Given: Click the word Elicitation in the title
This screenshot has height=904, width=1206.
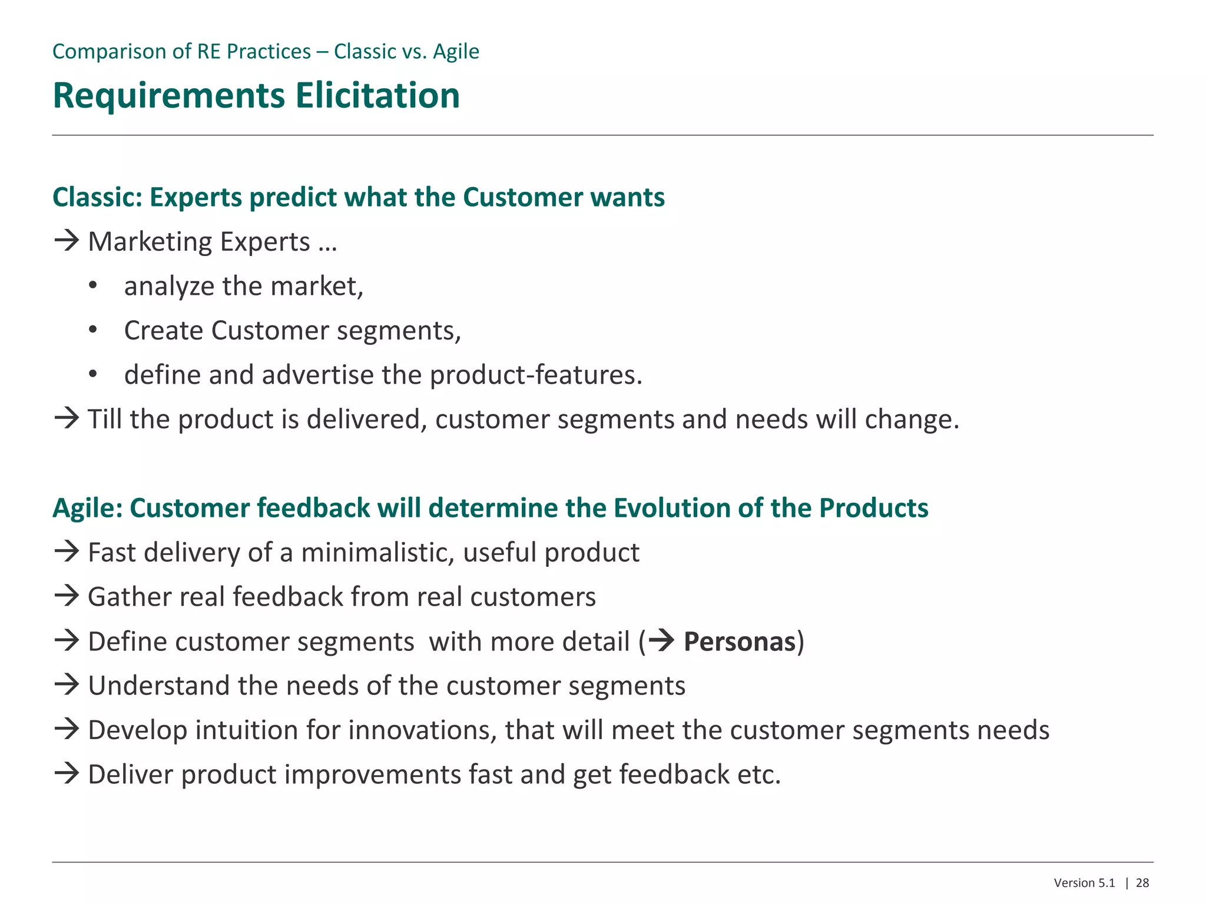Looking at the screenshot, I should [377, 95].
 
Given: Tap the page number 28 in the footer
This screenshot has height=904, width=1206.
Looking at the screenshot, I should [1142, 883].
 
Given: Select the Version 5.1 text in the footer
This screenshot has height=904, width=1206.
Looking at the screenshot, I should [1084, 883].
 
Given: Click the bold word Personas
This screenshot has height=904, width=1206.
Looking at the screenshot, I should [740, 642].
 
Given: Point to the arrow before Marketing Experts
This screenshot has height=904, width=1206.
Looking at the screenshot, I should [67, 241].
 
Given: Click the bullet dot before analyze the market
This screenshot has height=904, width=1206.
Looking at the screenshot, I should [92, 286].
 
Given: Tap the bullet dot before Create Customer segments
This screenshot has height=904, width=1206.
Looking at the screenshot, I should [92, 330].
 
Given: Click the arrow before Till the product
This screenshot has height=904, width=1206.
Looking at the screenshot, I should [67, 418].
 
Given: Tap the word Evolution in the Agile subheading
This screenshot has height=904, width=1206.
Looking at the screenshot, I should [671, 508].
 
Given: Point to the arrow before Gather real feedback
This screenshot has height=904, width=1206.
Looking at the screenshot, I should [67, 596].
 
